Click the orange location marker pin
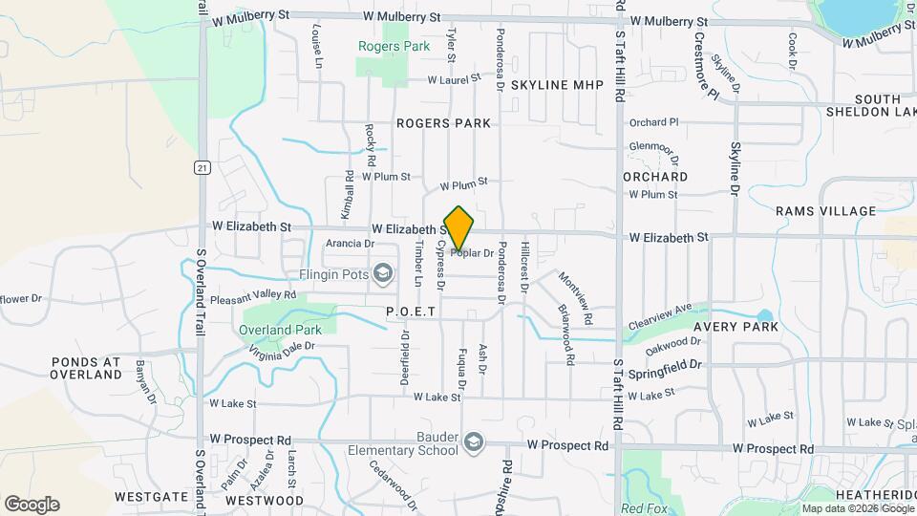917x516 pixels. coord(459,228)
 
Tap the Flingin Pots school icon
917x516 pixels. coord(383,275)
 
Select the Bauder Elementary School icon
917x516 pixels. coord(474,441)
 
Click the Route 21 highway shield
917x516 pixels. coord(202,168)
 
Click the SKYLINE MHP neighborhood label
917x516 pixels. coord(558,85)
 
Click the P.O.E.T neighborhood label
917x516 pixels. coord(411,312)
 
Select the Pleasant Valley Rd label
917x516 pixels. coord(253,298)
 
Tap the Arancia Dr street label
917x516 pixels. coord(350,244)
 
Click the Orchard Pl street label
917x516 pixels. coord(653,122)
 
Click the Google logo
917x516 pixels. coord(32,505)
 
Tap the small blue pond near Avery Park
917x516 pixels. coord(764,315)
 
